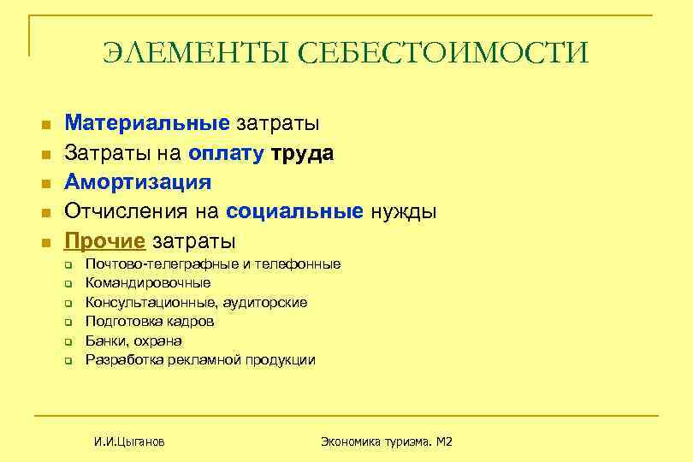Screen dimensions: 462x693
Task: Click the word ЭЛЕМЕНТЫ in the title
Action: click(x=196, y=53)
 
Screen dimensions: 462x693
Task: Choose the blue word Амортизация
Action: click(x=139, y=182)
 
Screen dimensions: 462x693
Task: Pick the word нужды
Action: click(x=403, y=211)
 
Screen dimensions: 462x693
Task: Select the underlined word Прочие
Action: click(x=104, y=240)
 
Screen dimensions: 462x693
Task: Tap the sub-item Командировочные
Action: click(x=148, y=283)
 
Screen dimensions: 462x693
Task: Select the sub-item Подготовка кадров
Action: click(x=150, y=322)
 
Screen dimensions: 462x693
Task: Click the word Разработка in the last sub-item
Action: click(x=121, y=360)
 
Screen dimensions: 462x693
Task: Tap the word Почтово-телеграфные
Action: click(x=162, y=264)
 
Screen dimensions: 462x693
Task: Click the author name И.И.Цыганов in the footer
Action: click(x=130, y=441)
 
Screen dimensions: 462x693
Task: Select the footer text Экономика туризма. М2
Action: click(x=386, y=441)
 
